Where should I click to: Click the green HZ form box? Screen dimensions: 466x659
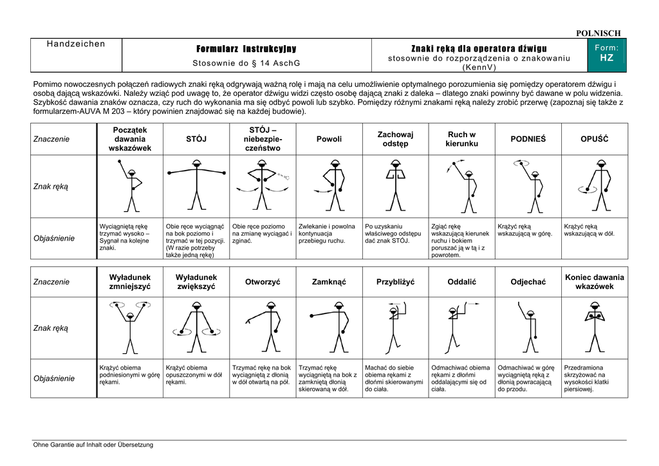(606, 54)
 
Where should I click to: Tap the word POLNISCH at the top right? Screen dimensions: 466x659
(598, 33)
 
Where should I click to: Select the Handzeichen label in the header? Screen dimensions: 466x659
(76, 44)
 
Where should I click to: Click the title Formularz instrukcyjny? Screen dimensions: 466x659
(246, 50)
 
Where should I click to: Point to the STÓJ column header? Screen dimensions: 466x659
(196, 139)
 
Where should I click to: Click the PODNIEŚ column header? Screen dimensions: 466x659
(528, 139)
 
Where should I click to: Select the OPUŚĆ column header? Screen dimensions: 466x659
(594, 139)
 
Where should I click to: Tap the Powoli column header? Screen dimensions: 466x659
(329, 139)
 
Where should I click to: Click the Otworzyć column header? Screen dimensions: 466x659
(263, 282)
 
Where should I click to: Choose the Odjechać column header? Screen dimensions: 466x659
(528, 282)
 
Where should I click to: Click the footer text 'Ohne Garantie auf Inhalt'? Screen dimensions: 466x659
(93, 445)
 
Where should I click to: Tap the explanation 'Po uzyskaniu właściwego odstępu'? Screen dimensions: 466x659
(393, 234)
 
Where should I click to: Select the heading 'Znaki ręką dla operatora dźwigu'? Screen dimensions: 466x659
(479, 49)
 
